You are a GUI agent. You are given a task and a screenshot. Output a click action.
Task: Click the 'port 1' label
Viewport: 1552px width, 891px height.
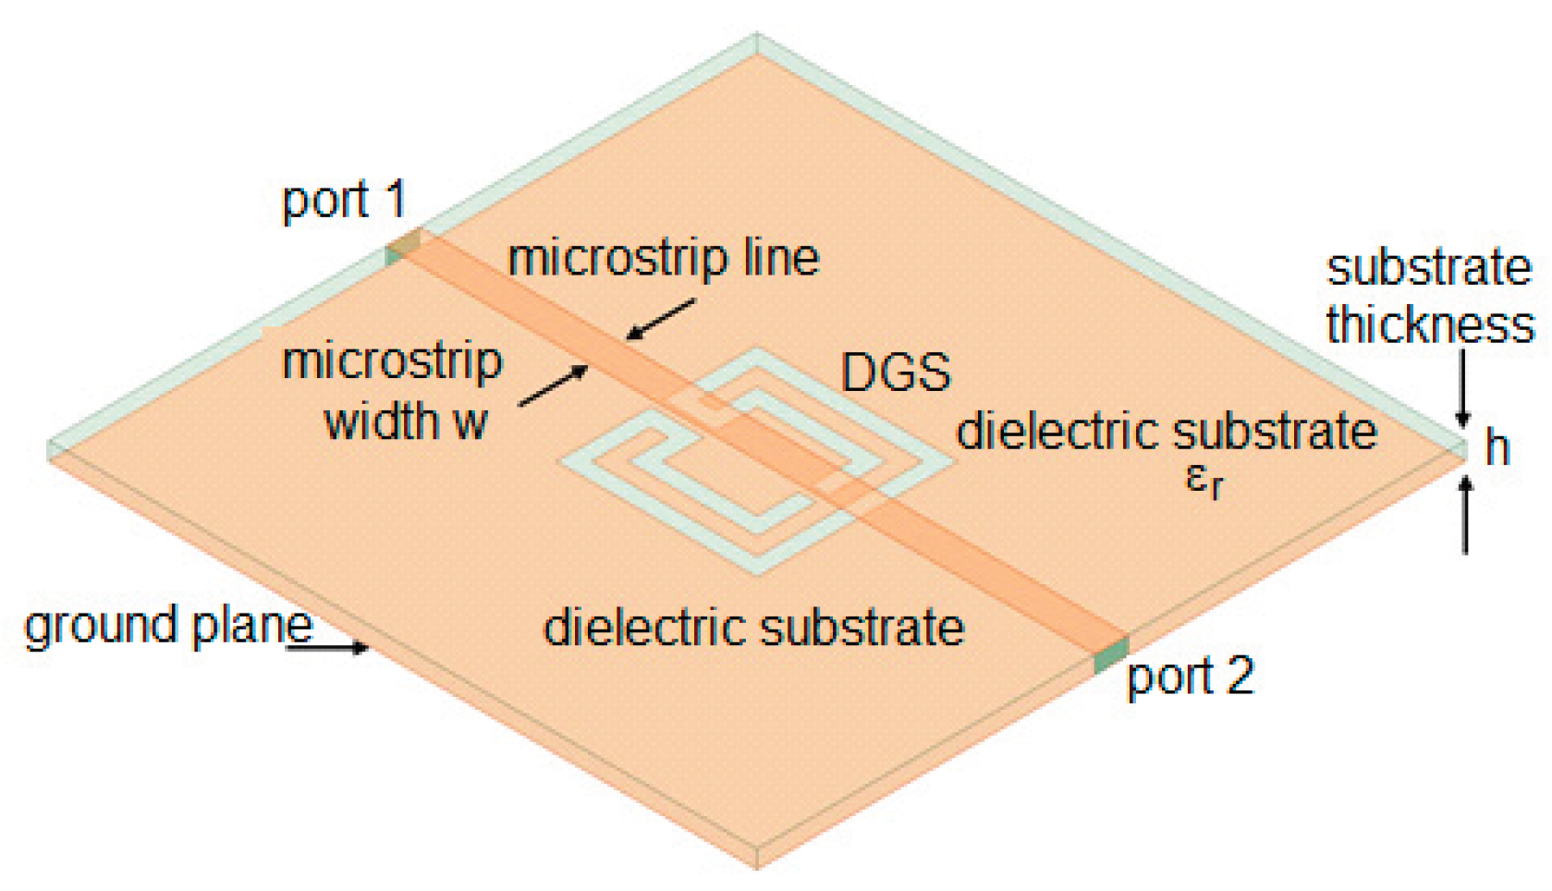tap(344, 200)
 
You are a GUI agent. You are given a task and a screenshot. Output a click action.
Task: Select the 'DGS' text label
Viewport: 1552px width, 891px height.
tap(895, 372)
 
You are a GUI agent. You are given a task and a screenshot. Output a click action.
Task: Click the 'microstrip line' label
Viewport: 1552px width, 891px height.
tap(664, 258)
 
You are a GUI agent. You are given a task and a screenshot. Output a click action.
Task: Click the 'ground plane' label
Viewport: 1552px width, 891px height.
tap(168, 626)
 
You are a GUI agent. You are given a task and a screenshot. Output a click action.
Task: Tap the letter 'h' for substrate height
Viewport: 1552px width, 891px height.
tap(1497, 448)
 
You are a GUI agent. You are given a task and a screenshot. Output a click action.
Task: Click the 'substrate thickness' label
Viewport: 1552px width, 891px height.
tap(1429, 297)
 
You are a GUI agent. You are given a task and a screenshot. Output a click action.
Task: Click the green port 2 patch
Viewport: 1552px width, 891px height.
tap(1111, 654)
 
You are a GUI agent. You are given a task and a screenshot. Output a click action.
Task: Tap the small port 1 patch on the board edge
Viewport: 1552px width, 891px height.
tap(402, 248)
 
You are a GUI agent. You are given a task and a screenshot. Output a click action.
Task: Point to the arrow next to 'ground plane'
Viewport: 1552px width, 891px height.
tap(328, 647)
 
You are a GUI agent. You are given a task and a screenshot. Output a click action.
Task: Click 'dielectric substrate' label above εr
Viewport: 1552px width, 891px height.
tap(1167, 432)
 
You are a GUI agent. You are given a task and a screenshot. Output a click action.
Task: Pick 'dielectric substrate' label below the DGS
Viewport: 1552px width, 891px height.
tap(753, 628)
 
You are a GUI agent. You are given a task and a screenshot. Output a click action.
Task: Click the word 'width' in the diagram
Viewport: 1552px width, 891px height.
tap(381, 421)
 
